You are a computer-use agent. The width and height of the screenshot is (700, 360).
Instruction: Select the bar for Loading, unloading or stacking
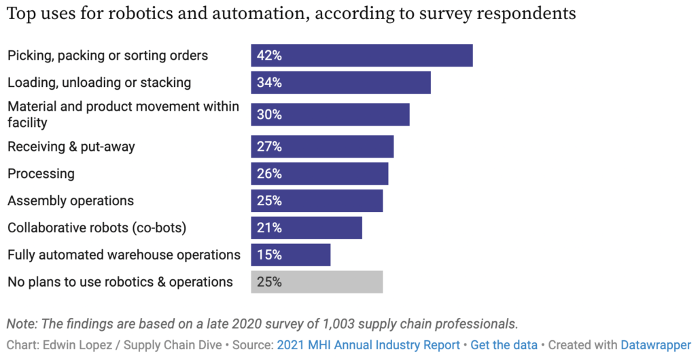tap(340, 83)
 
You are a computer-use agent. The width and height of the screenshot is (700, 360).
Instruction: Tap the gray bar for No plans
tap(317, 282)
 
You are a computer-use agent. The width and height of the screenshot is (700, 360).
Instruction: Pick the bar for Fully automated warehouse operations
tap(290, 255)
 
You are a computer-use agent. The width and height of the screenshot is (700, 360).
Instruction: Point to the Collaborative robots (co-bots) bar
tap(307, 228)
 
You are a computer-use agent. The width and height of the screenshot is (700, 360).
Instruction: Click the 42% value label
tap(269, 56)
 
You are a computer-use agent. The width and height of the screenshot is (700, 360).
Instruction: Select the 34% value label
tap(269, 83)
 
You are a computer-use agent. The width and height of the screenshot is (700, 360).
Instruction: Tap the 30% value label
tap(269, 115)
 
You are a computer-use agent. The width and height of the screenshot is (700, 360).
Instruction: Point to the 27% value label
tap(269, 147)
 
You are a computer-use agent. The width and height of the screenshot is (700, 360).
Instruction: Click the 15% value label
tap(269, 255)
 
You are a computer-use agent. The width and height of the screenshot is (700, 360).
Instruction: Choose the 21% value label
tap(269, 228)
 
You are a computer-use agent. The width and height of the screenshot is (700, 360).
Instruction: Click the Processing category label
tap(41, 174)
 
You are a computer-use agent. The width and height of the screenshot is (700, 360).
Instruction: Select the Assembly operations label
tap(71, 201)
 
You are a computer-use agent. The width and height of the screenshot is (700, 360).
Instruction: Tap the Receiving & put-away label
tap(71, 147)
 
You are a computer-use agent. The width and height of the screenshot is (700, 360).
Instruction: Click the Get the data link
tap(504, 345)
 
